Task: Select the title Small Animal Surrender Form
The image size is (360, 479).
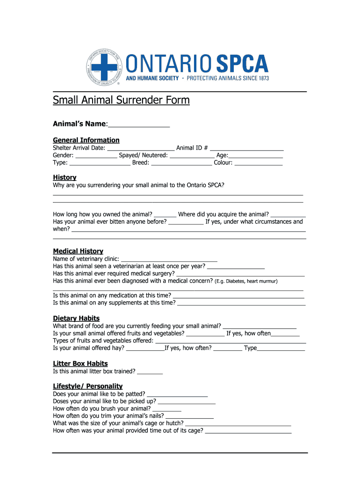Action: point(121,100)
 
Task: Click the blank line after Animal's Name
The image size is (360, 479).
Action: point(139,124)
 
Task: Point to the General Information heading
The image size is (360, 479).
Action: point(86,140)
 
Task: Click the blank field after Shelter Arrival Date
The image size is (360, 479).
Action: point(140,148)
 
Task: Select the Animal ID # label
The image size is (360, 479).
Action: point(192,148)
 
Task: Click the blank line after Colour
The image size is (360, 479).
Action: point(258,163)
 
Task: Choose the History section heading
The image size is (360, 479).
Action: point(65,177)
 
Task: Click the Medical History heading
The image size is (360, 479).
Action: point(78,251)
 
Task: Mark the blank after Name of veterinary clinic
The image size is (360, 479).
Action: point(169,259)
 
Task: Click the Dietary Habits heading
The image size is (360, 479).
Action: point(76,318)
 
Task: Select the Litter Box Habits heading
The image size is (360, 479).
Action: point(80,363)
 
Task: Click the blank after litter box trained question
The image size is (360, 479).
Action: point(150,372)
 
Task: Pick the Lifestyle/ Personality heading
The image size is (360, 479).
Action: point(88,386)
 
